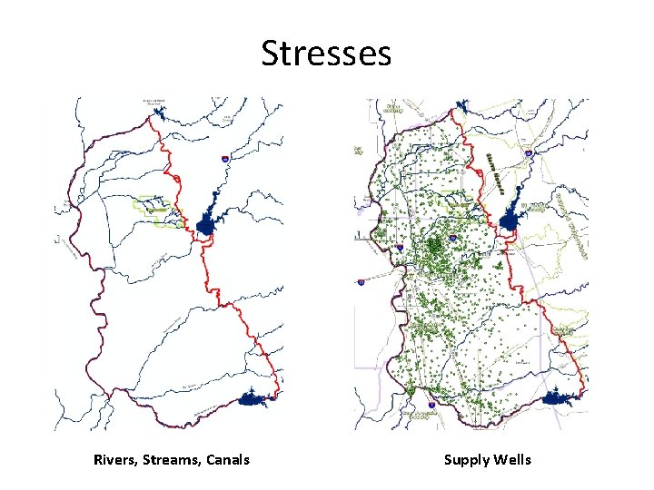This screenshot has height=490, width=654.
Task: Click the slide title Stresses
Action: pyautogui.click(x=326, y=54)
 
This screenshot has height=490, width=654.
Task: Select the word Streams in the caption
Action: pyautogui.click(x=171, y=460)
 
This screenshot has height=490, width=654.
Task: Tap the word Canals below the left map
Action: pyautogui.click(x=227, y=460)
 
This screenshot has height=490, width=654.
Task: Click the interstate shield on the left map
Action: pyautogui.click(x=224, y=158)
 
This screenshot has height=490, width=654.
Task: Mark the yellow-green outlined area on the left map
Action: pyautogui.click(x=154, y=210)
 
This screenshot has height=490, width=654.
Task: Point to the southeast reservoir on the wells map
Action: pyautogui.click(x=557, y=397)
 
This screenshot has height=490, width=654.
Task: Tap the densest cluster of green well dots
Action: pyautogui.click(x=437, y=245)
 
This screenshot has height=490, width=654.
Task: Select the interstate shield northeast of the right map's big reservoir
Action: pyautogui.click(x=529, y=154)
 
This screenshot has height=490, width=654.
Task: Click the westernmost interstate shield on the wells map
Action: pyautogui.click(x=362, y=282)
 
